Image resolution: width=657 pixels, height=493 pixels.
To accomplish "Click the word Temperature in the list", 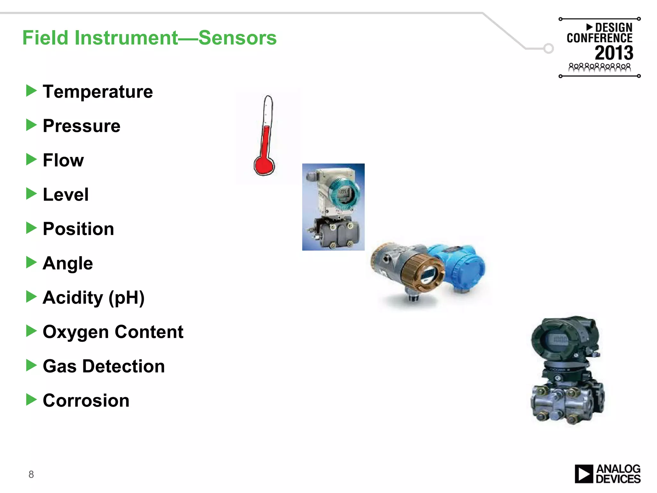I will [98, 92].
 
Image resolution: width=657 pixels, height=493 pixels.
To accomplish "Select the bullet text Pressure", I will [81, 126].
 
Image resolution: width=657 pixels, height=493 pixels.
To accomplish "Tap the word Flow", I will [63, 160].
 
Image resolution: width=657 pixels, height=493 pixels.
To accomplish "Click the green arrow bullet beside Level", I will [31, 194].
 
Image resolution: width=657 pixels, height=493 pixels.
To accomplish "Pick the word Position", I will [78, 229].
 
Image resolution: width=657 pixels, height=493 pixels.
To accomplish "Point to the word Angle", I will [68, 263].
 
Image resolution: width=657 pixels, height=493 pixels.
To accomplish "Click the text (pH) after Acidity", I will [126, 298].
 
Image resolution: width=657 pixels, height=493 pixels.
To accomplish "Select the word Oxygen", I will [76, 332].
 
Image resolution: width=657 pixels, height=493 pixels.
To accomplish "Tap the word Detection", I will [124, 366].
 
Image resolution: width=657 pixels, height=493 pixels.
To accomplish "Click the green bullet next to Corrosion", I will [31, 400].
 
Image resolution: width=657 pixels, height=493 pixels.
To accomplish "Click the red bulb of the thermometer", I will [264, 166].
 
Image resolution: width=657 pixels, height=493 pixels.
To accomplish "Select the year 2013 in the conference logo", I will [614, 53].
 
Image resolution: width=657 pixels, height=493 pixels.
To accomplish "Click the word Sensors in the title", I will [237, 38].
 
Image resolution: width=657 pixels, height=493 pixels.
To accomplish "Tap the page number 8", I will [31, 474].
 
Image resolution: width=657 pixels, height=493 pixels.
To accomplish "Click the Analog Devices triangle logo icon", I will [584, 474].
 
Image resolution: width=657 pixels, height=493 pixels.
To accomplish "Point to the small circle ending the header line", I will [549, 48].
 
